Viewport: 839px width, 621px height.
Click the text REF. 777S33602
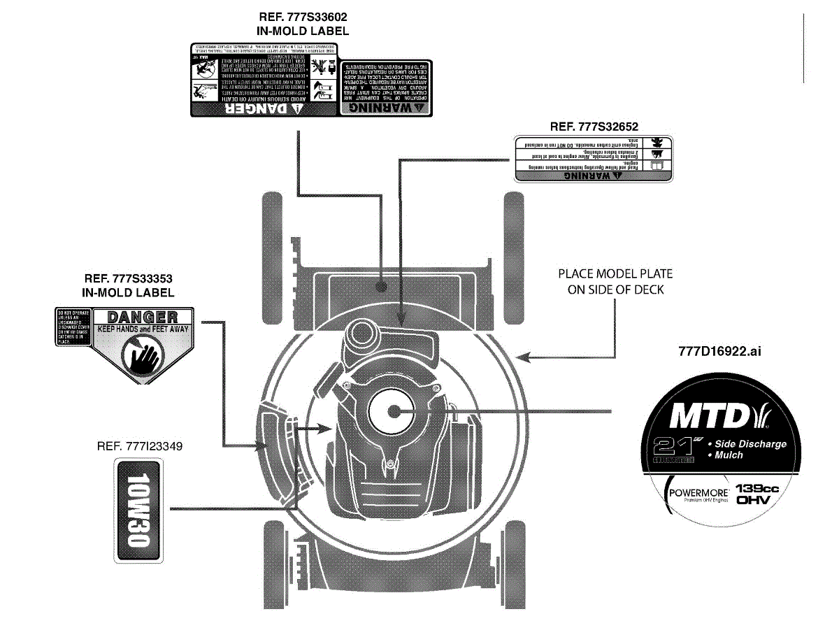303,17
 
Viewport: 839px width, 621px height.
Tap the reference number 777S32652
594,127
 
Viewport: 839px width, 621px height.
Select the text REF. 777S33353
128,278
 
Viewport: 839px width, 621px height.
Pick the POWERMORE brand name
698,492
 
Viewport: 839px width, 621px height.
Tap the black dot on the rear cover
380,287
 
